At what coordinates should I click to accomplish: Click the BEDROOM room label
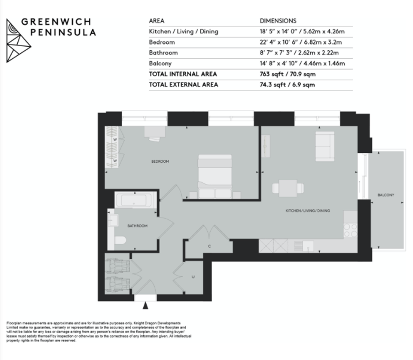(160, 161)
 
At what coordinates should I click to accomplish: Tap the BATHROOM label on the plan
(137, 226)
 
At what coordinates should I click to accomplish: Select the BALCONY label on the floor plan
(386, 195)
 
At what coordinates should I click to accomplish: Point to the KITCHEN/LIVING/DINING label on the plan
(308, 211)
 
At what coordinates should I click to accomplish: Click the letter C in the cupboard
(209, 246)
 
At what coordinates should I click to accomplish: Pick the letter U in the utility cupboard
(193, 277)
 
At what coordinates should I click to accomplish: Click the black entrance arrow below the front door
(145, 306)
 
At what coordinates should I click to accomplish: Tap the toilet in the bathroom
(120, 240)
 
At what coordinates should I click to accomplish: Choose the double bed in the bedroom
(215, 176)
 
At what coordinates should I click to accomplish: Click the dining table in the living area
(288, 188)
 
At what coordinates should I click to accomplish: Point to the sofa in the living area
(325, 147)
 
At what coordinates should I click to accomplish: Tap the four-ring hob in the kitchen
(350, 230)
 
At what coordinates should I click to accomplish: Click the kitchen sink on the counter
(308, 246)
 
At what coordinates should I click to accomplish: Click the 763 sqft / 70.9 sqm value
(287, 74)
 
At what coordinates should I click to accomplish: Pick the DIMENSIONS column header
(278, 21)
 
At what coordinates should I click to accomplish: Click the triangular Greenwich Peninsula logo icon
(18, 40)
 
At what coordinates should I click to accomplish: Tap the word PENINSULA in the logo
(63, 32)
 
